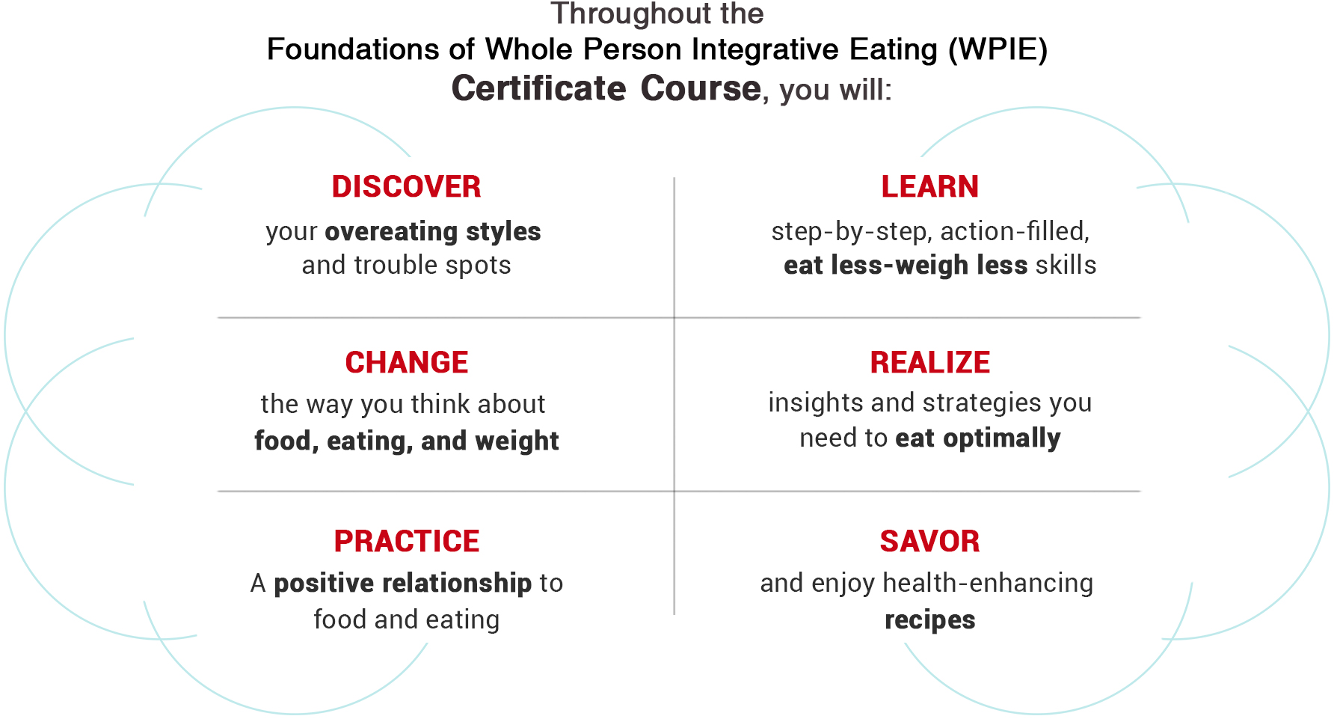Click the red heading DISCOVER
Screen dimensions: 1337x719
click(406, 187)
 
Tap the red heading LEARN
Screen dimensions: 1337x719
click(929, 187)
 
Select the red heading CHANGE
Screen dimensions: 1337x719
click(406, 363)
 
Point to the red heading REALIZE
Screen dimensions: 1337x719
click(929, 363)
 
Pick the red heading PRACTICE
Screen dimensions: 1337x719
click(406, 542)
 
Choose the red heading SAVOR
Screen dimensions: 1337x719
click(929, 542)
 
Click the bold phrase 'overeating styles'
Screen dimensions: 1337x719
click(433, 232)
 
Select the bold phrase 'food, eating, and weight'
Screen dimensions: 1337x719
click(406, 441)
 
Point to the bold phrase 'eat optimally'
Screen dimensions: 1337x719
click(977, 438)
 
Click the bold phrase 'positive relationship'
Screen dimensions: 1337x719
click(402, 584)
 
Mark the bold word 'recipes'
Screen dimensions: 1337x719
click(929, 621)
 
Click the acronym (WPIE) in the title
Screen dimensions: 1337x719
click(998, 50)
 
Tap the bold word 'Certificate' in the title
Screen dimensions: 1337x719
click(538, 88)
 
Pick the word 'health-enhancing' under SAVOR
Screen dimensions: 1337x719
click(988, 584)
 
